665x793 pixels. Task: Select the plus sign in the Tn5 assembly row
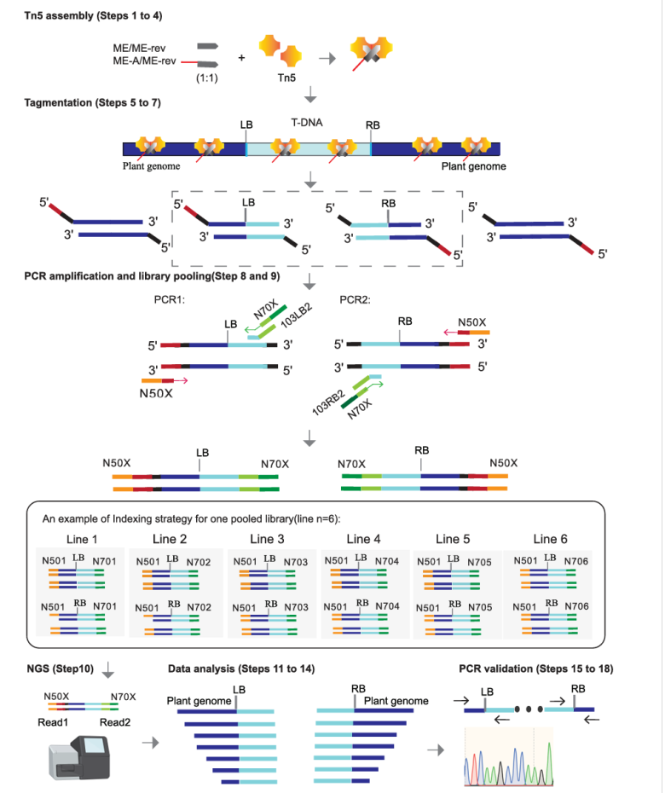[241, 58]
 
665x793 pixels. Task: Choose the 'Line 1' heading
[81, 539]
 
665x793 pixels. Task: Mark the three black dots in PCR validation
[529, 708]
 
